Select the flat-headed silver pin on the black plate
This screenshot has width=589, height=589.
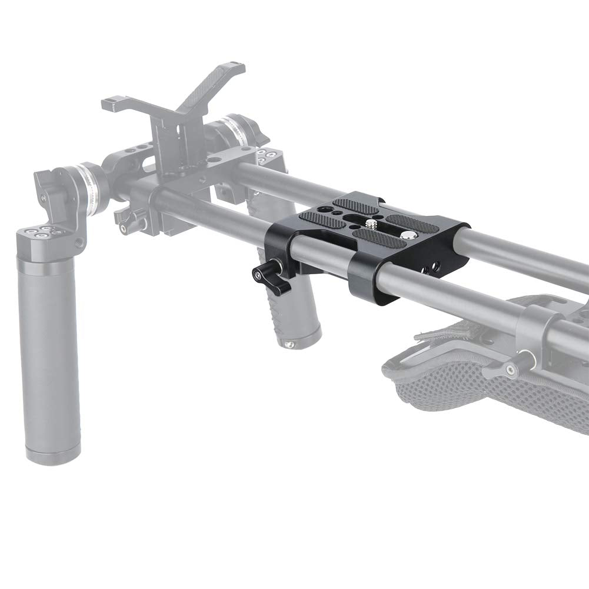(408, 235)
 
